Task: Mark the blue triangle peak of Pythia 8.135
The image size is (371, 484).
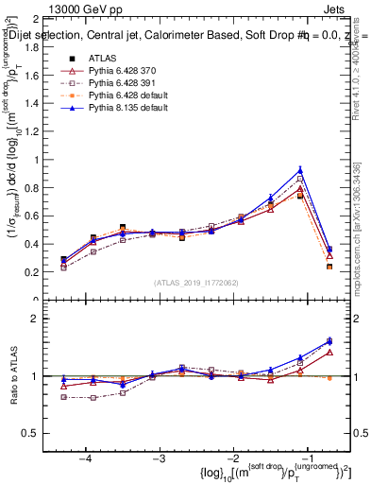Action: point(300,170)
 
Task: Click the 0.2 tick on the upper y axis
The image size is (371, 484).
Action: point(52,272)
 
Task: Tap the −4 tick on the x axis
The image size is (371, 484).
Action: point(86,458)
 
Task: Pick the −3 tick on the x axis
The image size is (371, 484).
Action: point(160,458)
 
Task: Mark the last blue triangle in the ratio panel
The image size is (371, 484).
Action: point(329,341)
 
